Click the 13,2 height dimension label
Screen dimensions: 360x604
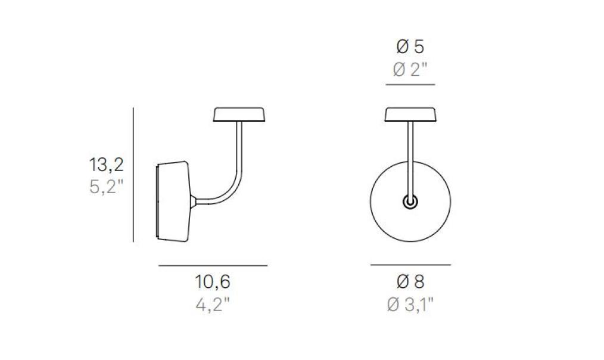click(106, 165)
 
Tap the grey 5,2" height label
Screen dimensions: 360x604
click(106, 187)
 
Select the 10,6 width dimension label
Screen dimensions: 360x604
click(212, 281)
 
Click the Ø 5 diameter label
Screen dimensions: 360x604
click(410, 46)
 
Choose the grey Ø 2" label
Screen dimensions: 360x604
click(410, 70)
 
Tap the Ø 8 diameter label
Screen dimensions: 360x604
click(410, 281)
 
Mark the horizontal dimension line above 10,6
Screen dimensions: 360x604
click(212, 265)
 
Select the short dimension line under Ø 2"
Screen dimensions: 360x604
click(410, 85)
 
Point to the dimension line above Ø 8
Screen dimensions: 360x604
click(410, 264)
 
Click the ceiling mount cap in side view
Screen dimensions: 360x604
click(239, 114)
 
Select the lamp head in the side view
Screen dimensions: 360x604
click(175, 201)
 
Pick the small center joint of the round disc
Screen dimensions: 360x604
click(410, 202)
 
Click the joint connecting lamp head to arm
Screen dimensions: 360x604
click(195, 201)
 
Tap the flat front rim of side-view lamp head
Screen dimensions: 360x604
click(157, 201)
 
